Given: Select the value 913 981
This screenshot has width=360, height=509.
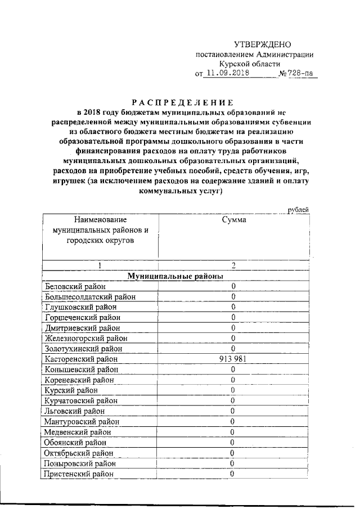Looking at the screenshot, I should [232, 359].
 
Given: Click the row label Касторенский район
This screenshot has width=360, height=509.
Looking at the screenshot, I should [82, 359].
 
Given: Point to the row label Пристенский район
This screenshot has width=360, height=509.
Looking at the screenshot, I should [79, 474].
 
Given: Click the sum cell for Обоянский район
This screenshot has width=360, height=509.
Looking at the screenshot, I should [232, 442].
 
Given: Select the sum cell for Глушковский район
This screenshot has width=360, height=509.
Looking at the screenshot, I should [232, 307].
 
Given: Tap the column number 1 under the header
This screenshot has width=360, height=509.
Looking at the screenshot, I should [100, 265].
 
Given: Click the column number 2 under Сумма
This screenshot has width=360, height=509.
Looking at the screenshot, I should [232, 265].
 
